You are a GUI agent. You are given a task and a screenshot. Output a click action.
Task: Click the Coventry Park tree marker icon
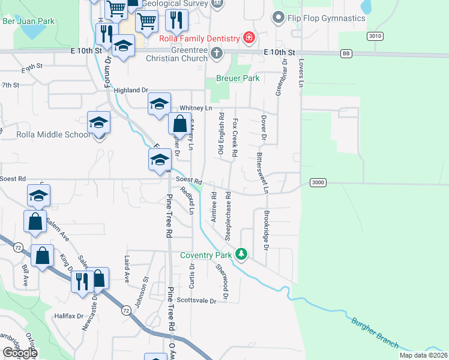[241, 255]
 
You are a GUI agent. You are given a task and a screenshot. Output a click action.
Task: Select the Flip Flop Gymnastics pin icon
[277, 18]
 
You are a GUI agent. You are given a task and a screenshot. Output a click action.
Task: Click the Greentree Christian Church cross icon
[216, 54]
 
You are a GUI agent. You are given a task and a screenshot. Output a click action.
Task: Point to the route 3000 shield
[318, 182]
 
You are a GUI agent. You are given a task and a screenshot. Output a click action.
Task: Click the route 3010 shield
[375, 36]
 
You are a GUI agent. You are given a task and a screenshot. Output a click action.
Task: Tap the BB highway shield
[346, 54]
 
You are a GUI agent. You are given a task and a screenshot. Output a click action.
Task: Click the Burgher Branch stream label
[375, 332]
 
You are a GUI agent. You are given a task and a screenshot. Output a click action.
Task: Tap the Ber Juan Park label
[29, 22]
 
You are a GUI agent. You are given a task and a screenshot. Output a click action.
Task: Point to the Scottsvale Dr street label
[196, 301]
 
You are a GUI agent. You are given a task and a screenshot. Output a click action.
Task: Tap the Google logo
[20, 353]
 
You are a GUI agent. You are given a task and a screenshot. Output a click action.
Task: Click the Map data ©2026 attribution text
[423, 355]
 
